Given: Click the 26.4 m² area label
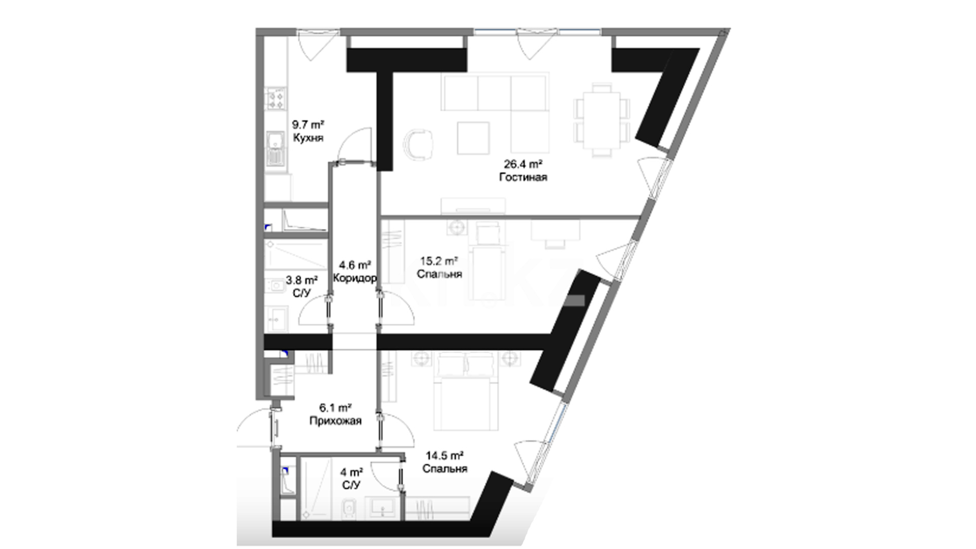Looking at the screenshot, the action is pos(523,164).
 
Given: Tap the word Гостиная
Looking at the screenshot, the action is pos(523,177).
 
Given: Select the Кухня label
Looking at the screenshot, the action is pos(308,138).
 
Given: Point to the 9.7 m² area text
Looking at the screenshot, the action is pos(308,124).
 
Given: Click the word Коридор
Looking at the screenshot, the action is pos(355,278).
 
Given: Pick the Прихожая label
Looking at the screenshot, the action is pos(335,421).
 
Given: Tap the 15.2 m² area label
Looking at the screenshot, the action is pos(439,261).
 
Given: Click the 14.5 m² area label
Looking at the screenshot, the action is pos(445,455).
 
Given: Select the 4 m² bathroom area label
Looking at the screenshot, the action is pos(351,472).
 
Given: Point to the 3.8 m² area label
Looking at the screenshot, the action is pos(302,280).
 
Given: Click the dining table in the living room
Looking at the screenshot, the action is pos(602,120).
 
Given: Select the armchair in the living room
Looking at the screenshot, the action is pos(420,144).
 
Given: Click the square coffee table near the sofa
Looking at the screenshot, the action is pos(473,138).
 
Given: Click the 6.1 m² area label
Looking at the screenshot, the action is pos(335,408).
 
